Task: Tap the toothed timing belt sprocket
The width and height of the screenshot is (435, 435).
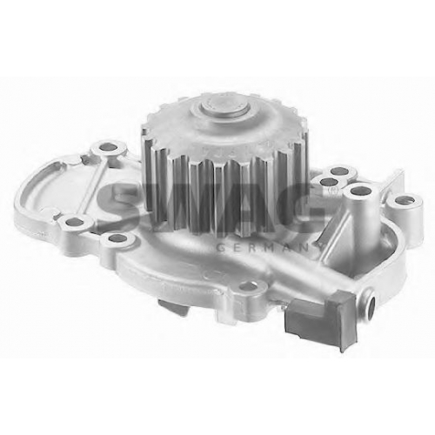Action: tap(224, 164)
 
